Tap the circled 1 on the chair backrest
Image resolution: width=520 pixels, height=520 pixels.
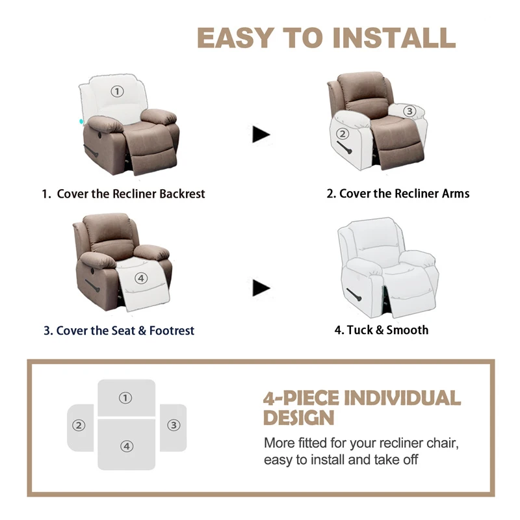pos(117,92)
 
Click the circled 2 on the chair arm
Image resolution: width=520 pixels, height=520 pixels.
pos(343,135)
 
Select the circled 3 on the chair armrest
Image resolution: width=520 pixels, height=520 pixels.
pos(409,111)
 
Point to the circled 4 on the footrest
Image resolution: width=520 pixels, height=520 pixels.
pos(142,278)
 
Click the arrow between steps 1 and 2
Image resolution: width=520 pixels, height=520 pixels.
pos(261,135)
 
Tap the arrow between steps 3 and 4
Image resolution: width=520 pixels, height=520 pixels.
pos(261,287)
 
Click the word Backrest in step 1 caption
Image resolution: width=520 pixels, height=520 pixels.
pos(176,194)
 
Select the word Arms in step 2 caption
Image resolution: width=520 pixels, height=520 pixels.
pos(456,193)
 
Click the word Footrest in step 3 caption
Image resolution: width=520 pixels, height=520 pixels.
pos(172,330)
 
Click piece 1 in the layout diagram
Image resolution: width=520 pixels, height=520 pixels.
pos(126,398)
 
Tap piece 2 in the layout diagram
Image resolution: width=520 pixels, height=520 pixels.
pos(80,426)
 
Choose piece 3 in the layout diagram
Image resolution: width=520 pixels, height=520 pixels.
pos(173,426)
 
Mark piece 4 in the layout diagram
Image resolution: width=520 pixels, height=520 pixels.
pos(126,446)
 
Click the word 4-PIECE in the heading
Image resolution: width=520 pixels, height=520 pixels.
pos(301,398)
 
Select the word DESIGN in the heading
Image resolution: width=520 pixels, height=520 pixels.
pos(298,418)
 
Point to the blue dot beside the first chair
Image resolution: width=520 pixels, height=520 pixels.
pos(81,121)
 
